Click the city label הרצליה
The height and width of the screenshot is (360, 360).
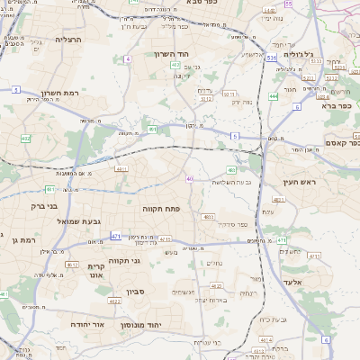coord(67,40)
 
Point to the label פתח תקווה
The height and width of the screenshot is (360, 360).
coord(162,207)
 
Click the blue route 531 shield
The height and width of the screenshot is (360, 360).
coord(271,57)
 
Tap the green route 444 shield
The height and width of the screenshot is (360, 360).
coord(273,95)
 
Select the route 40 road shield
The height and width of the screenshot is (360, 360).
coord(190,179)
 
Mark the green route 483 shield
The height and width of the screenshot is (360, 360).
coord(232,169)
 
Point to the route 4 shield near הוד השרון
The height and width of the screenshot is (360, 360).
coord(129,58)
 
